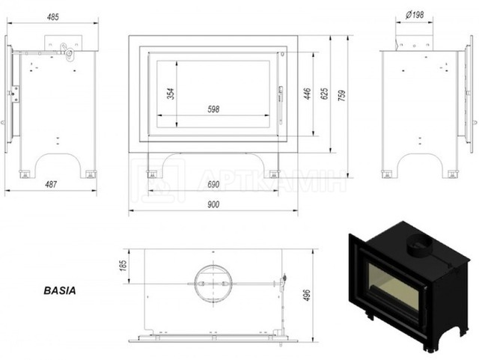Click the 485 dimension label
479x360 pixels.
point(53,16)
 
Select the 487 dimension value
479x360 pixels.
point(51,184)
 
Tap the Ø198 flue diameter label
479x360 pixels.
point(415,14)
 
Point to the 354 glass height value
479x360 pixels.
point(171,94)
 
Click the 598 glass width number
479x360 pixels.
point(213,109)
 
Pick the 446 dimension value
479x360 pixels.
point(307,94)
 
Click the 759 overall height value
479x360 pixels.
point(342,96)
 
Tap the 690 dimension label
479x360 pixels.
point(213,185)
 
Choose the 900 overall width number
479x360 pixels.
point(213,204)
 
